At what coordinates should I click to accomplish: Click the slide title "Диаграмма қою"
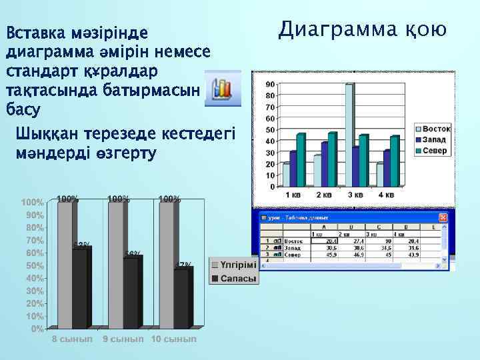point(363,29)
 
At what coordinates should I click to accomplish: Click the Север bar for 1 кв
point(301,160)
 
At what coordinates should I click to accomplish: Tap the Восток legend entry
point(433,128)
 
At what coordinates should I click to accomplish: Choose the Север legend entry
point(433,151)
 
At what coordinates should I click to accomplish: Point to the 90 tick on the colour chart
point(269,85)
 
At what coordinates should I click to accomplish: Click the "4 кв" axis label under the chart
point(385,195)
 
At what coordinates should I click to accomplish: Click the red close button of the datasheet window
point(443,217)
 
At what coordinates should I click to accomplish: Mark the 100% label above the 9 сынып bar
point(118,199)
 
